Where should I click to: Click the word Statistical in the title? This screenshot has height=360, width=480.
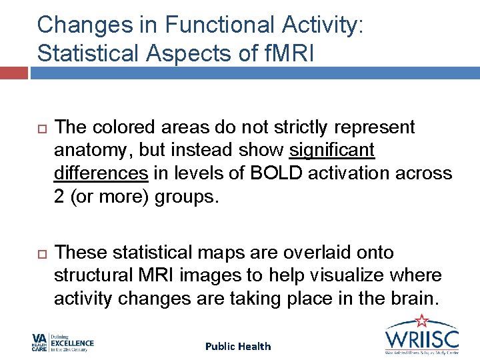(80, 53)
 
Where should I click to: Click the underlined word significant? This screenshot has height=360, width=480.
(332, 150)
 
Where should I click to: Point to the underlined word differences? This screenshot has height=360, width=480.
(101, 173)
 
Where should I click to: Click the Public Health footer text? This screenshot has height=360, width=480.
(238, 346)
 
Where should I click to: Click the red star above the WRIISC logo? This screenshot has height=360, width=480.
(422, 320)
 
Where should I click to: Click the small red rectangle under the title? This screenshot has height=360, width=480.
(13, 71)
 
